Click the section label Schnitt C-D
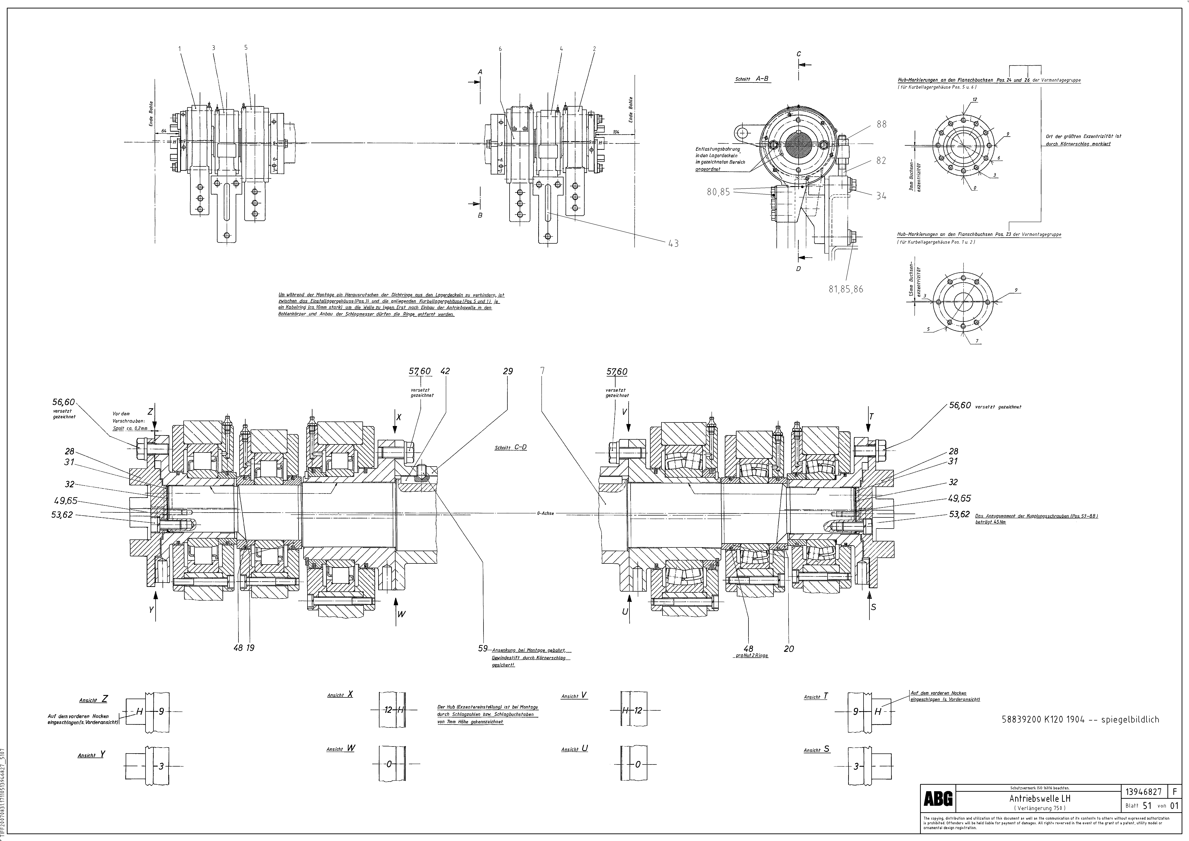pos(511,447)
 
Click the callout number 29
pos(507,371)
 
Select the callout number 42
pos(445,371)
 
